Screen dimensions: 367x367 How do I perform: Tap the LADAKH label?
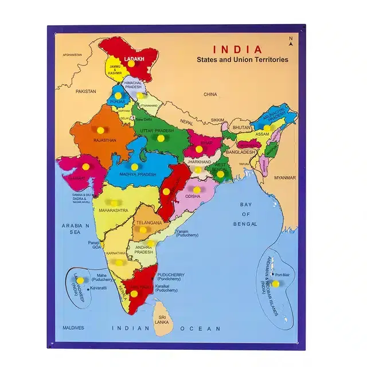pyautogui.click(x=134, y=58)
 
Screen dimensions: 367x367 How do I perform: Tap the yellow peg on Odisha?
pyautogui.click(x=196, y=189)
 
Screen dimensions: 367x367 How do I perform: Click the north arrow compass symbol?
pyautogui.click(x=291, y=41)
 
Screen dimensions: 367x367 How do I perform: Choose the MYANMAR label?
pyautogui.click(x=284, y=178)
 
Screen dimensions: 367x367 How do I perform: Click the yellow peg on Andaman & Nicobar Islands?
pyautogui.click(x=275, y=284)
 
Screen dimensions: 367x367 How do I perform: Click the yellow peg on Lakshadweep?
pyautogui.click(x=80, y=280)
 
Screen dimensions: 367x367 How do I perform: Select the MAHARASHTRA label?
pyautogui.click(x=113, y=210)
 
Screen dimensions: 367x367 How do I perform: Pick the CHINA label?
pyautogui.click(x=210, y=94)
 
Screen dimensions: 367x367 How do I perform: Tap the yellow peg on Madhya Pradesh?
pyautogui.click(x=134, y=166)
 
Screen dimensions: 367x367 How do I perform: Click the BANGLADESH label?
pyautogui.click(x=240, y=153)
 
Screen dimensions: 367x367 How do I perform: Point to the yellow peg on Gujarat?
pyautogui.click(x=85, y=166)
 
